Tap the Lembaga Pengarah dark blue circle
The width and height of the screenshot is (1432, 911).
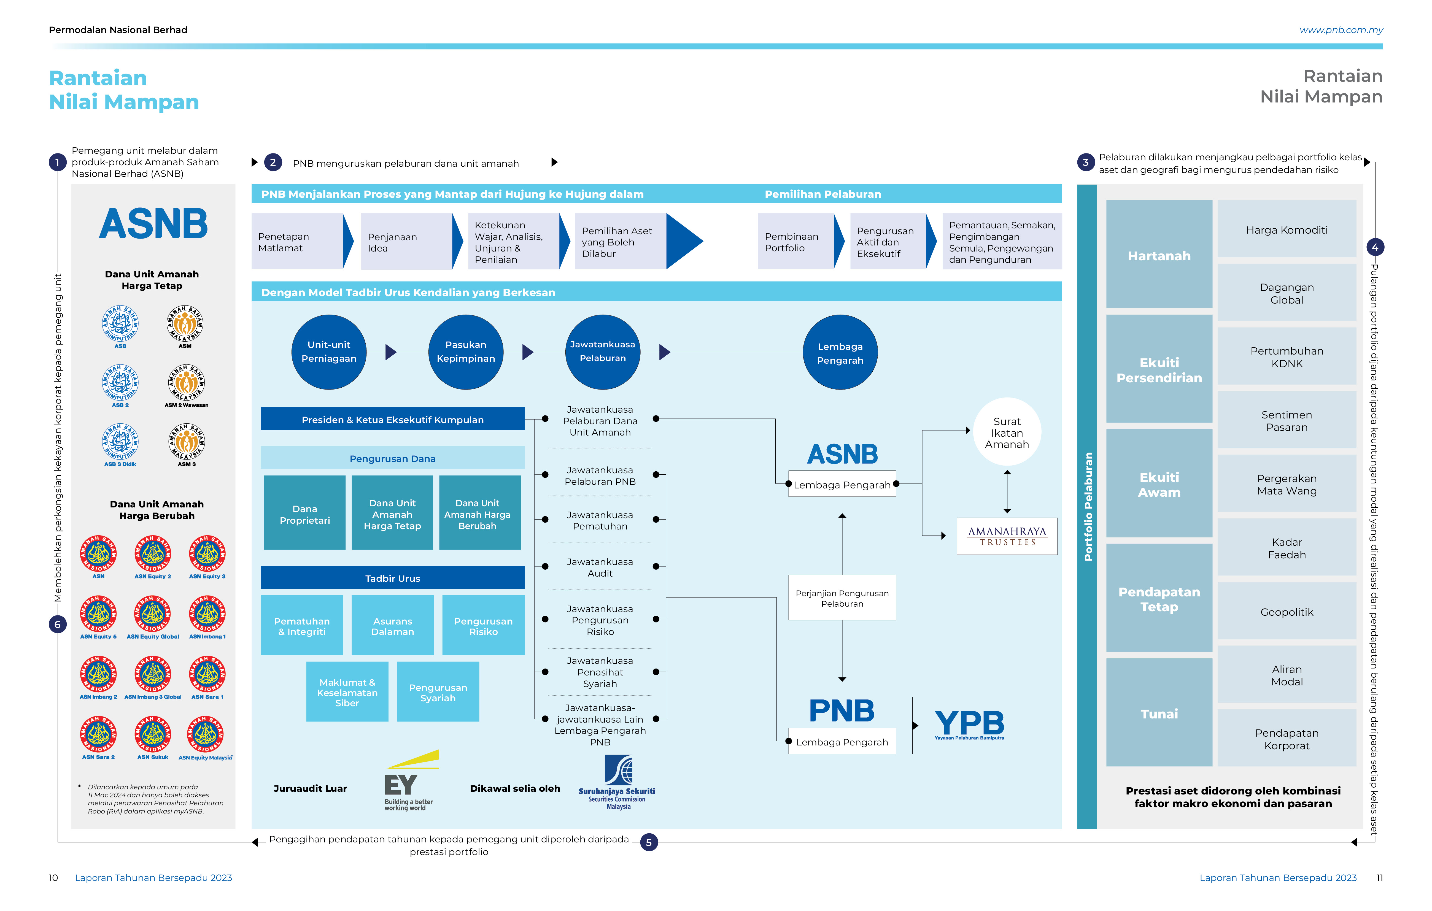pyautogui.click(x=840, y=353)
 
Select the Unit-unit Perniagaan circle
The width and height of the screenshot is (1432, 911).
pyautogui.click(x=329, y=352)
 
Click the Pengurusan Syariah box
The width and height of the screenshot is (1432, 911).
pyautogui.click(x=438, y=692)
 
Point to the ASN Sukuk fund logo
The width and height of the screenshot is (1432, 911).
pyautogui.click(x=153, y=737)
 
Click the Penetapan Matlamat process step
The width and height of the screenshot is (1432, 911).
pyautogui.click(x=297, y=241)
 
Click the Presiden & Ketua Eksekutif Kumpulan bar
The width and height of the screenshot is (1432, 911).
pyautogui.click(x=392, y=419)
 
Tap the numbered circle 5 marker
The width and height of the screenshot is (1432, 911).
pyautogui.click(x=649, y=842)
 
